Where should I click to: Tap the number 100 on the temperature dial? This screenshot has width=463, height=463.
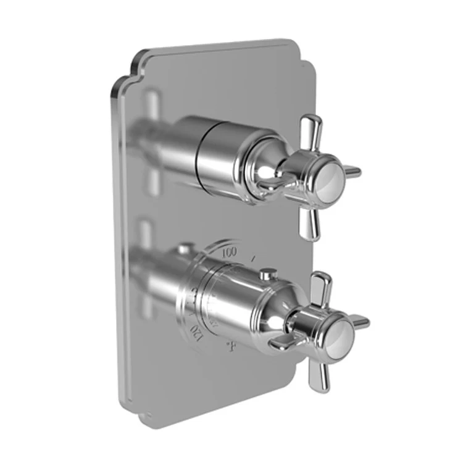230,252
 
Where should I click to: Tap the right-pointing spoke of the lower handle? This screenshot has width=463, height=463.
361,322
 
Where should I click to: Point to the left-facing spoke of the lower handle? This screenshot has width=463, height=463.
279,341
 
